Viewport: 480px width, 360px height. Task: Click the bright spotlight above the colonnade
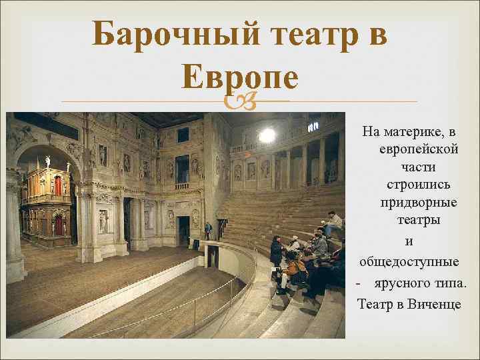[x=267, y=135]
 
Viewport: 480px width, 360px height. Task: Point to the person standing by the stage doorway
[x=208, y=231]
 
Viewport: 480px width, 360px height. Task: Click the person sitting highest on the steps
[x=333, y=223]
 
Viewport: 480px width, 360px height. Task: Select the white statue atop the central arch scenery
[x=47, y=161]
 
